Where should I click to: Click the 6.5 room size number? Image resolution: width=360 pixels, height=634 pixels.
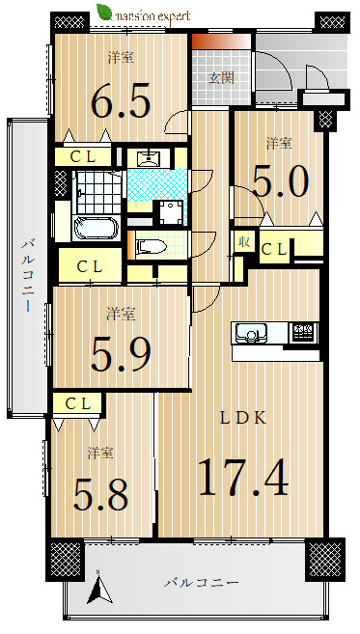tap(121, 100)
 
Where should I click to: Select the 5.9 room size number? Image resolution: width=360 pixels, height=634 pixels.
tap(121, 355)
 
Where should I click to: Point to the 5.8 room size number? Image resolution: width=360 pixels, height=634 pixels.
tap(100, 494)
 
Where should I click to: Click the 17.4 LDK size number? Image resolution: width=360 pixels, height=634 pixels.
tap(243, 477)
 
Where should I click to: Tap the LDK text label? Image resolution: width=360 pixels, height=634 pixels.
tap(243, 418)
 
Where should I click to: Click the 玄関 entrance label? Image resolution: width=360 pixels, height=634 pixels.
tap(221, 77)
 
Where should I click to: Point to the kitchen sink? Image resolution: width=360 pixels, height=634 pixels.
tap(251, 334)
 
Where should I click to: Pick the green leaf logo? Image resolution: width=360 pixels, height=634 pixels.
tap(104, 13)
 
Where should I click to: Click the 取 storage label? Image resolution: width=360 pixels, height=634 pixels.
tap(244, 242)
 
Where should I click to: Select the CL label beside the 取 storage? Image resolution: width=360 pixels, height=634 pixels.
tap(274, 250)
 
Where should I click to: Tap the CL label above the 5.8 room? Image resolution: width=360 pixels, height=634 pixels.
tap(77, 403)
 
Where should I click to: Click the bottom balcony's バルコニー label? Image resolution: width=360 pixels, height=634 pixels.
tap(201, 582)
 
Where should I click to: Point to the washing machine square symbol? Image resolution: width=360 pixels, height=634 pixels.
tap(171, 213)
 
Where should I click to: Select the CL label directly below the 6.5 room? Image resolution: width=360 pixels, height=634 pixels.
tap(83, 157)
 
